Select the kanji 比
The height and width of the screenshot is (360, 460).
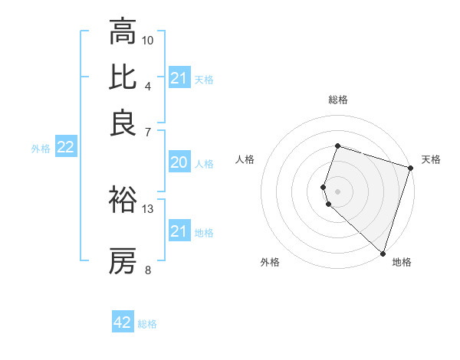(123, 77)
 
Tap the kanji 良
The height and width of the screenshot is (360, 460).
(123, 123)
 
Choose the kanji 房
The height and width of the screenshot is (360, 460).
(123, 261)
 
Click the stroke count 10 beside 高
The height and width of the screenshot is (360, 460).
(148, 40)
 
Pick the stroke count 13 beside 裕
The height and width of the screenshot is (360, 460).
(148, 208)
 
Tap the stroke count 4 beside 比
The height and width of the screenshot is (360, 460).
(148, 86)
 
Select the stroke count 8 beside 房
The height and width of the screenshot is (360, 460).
(148, 270)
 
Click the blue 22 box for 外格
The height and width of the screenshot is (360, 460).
(65, 148)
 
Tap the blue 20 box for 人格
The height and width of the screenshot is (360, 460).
(179, 162)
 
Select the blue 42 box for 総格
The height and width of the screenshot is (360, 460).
(123, 322)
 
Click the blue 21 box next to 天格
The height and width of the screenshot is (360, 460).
(179, 78)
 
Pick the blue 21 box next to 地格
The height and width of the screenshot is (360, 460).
(179, 231)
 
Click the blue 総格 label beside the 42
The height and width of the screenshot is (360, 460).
(147, 324)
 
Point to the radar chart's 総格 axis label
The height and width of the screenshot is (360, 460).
(337, 100)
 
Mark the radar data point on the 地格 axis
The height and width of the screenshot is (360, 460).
(383, 254)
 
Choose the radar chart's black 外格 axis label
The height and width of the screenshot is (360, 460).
(270, 262)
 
